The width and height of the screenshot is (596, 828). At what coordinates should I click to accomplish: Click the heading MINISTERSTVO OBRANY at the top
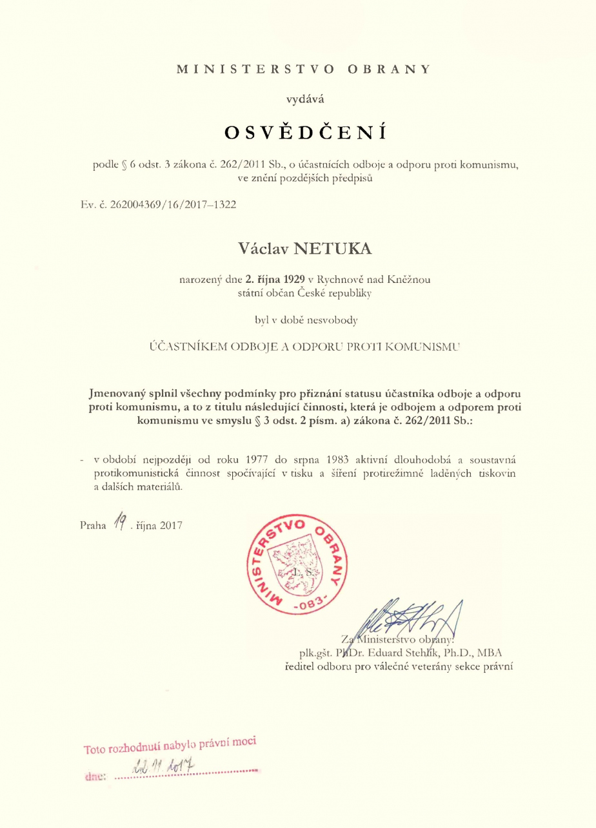(x=303, y=68)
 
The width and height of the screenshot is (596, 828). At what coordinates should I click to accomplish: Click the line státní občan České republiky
(x=304, y=293)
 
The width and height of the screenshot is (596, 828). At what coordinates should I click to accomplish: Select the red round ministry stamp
(x=296, y=560)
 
